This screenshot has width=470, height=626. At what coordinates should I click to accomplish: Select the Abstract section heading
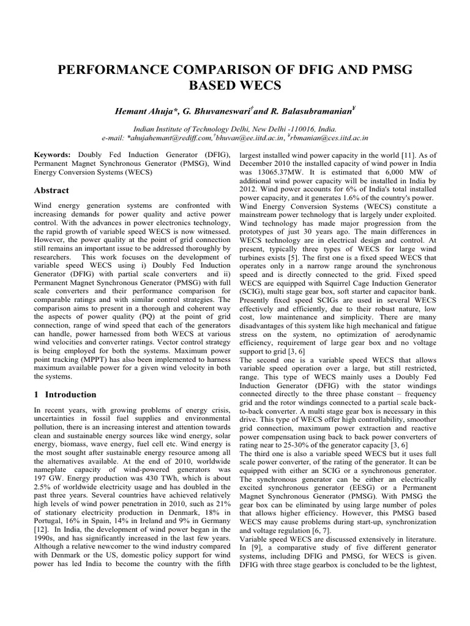point(52,190)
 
